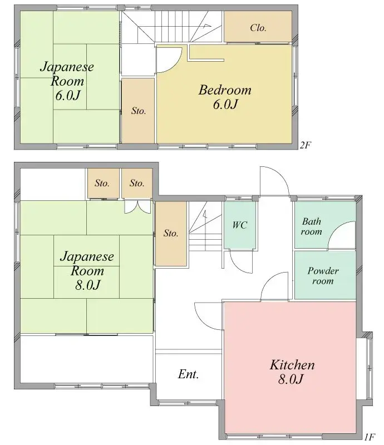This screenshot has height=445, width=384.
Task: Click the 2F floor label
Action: [x=306, y=145]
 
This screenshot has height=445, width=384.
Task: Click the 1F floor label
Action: [x=370, y=437]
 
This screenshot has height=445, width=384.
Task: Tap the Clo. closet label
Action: [x=258, y=28]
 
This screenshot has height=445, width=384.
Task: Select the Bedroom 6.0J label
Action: [x=225, y=97]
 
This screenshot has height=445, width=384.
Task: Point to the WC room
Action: [x=240, y=225]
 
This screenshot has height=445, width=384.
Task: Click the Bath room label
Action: [x=311, y=226]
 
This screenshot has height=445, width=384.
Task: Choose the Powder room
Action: [x=325, y=275]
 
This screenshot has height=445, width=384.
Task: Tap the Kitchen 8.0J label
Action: [x=292, y=372]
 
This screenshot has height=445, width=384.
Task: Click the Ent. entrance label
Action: [x=188, y=374]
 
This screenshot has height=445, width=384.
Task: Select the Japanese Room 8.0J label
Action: [x=87, y=270]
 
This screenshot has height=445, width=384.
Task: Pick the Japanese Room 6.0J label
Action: [x=67, y=81]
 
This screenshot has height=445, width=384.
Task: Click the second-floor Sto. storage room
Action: [x=139, y=111]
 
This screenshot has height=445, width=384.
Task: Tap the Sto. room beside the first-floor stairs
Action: [x=171, y=234]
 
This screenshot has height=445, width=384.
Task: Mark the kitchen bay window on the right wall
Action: [x=368, y=368]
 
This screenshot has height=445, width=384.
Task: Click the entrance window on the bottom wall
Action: [x=188, y=402]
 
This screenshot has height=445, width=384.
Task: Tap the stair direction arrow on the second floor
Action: [x=207, y=26]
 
